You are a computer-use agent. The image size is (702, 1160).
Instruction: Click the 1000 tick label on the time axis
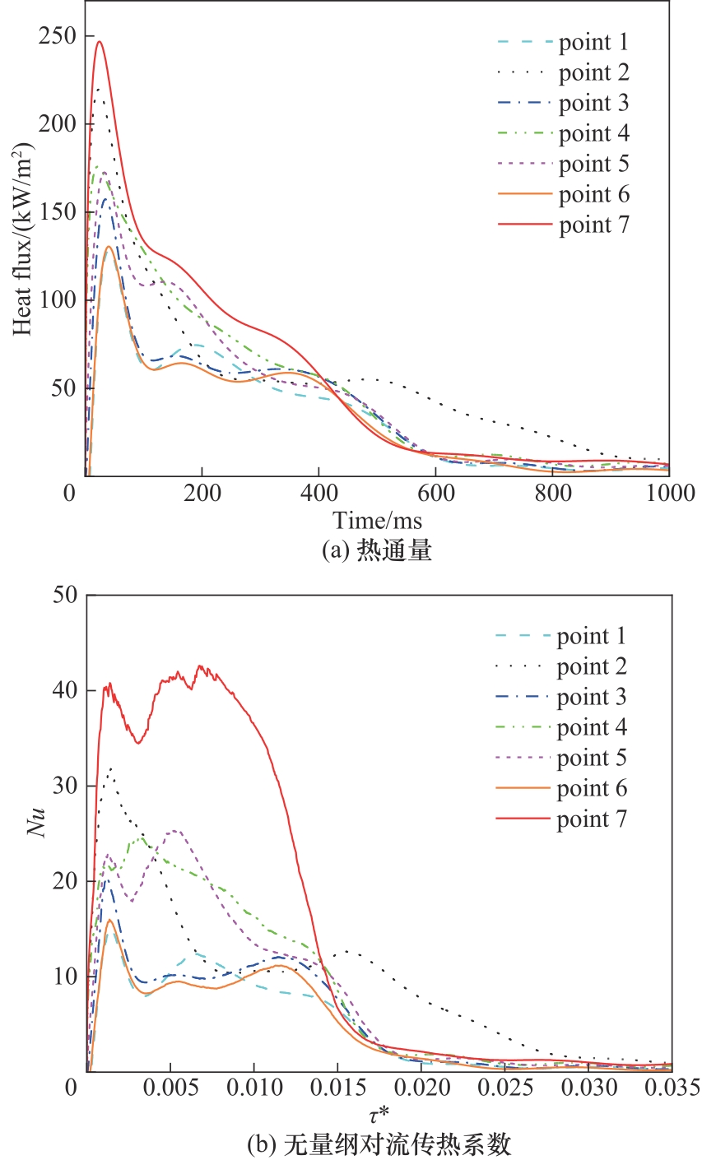668,494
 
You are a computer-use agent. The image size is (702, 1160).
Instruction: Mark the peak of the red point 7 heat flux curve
99,41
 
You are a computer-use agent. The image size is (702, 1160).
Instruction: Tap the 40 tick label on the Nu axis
63,690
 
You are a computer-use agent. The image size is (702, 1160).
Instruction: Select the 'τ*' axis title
378,1116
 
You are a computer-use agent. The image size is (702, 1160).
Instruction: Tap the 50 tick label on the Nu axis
63,595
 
